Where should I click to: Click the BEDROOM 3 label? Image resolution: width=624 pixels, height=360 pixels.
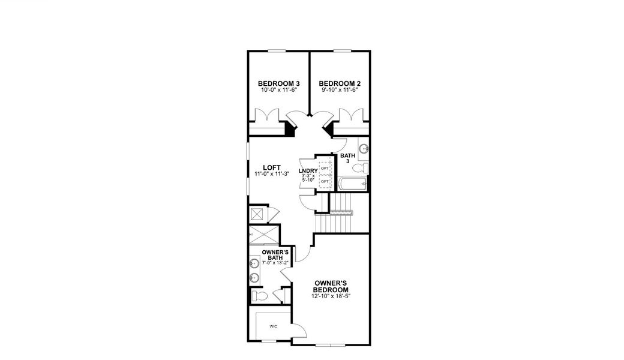coord(279,83)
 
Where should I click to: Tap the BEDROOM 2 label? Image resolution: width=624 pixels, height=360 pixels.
coord(340,83)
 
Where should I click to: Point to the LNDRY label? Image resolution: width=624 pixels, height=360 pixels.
coord(308,171)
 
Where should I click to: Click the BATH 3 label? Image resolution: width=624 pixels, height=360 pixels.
coord(347,158)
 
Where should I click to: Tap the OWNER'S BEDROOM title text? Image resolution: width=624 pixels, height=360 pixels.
coord(331,286)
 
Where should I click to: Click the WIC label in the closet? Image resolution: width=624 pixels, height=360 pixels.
coord(272,326)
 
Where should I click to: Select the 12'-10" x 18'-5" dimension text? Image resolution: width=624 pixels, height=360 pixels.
coord(331,296)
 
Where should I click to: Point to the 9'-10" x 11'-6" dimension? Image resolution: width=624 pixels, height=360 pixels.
coord(340,90)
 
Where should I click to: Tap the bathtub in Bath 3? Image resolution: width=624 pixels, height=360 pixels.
coord(353,184)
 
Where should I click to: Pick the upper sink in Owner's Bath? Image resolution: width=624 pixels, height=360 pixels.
coord(254,263)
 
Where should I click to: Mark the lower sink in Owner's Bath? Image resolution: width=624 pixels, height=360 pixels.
coord(254,277)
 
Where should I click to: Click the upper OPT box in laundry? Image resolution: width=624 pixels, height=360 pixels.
coord(325,168)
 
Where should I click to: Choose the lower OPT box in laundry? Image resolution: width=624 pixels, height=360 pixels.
coord(325,181)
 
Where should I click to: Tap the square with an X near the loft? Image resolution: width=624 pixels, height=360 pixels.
coord(259,214)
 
